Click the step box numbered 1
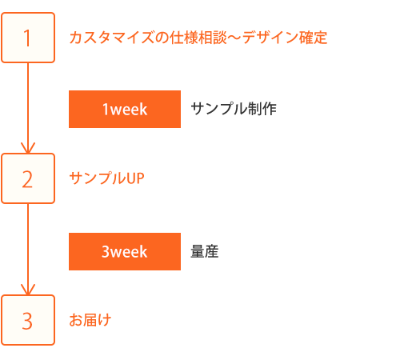pos(28,38)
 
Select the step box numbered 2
pos(28,178)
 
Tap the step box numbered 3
pos(28,320)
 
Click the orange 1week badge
pos(125,109)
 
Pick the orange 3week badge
pos(125,251)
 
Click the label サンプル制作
pos(234,109)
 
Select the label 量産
pos(205,251)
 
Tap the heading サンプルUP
pos(106,178)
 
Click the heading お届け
pos(90,320)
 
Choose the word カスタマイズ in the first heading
pos(112,38)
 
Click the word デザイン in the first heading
pos(270,38)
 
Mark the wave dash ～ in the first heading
pos(234,38)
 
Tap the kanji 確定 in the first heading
pos(313,38)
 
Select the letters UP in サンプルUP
pos(135,178)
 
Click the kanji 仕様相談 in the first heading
pos(198,38)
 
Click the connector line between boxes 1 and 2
pos(28,108)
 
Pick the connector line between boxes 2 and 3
pos(28,250)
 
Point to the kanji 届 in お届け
pos(90,320)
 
